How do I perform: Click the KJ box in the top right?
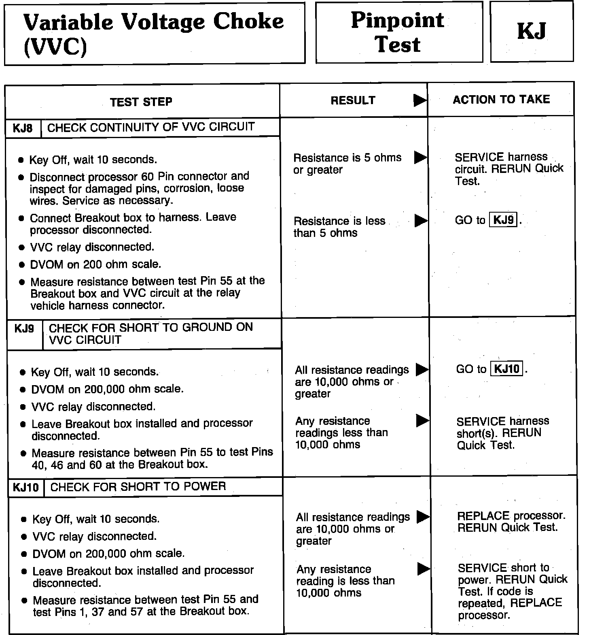[x=532, y=31]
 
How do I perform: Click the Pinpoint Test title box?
[x=398, y=32]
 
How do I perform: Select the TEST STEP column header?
[x=141, y=101]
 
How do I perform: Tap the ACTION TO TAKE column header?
[x=501, y=100]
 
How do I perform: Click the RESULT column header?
[x=353, y=100]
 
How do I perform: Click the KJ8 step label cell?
[x=23, y=128]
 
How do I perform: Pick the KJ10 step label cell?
[x=25, y=487]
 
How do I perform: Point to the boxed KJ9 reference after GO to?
[x=503, y=220]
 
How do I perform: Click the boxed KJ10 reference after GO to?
[x=506, y=369]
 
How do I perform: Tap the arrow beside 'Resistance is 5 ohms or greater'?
[x=420, y=158]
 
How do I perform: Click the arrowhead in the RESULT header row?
[x=420, y=100]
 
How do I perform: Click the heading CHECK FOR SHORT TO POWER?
[x=138, y=486]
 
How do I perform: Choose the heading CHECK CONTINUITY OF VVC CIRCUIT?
[x=151, y=128]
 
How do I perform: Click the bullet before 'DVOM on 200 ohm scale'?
[x=22, y=265]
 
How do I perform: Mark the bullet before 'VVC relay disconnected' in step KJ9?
[x=23, y=407]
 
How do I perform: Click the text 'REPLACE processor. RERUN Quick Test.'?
[x=511, y=522]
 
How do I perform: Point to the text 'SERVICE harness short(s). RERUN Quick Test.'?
[x=502, y=433]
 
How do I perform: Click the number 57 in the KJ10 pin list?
[x=136, y=612]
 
